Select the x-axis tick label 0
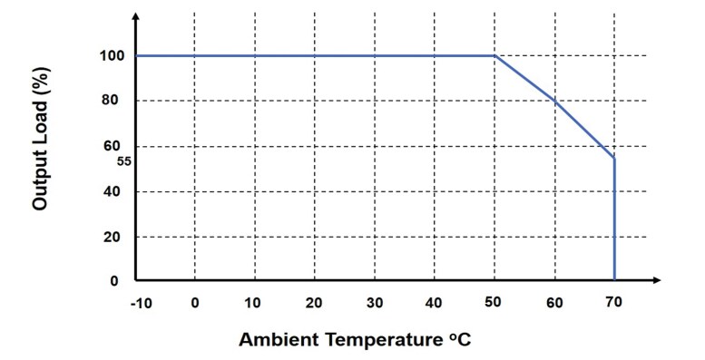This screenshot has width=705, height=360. click(194, 302)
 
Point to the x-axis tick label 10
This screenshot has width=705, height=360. click(254, 302)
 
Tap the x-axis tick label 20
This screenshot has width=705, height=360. click(314, 302)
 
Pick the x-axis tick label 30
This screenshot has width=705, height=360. click(374, 302)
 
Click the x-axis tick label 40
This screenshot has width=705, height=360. click(434, 302)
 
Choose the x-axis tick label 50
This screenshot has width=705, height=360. click(494, 302)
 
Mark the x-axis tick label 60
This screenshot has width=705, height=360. click(554, 302)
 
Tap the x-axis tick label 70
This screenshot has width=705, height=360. click(614, 302)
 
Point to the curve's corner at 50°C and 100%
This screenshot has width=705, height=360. click(494, 56)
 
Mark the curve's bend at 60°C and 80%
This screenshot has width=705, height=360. click(554, 101)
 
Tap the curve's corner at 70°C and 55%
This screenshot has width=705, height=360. click(614, 158)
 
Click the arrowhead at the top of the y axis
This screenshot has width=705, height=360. click(135, 17)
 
